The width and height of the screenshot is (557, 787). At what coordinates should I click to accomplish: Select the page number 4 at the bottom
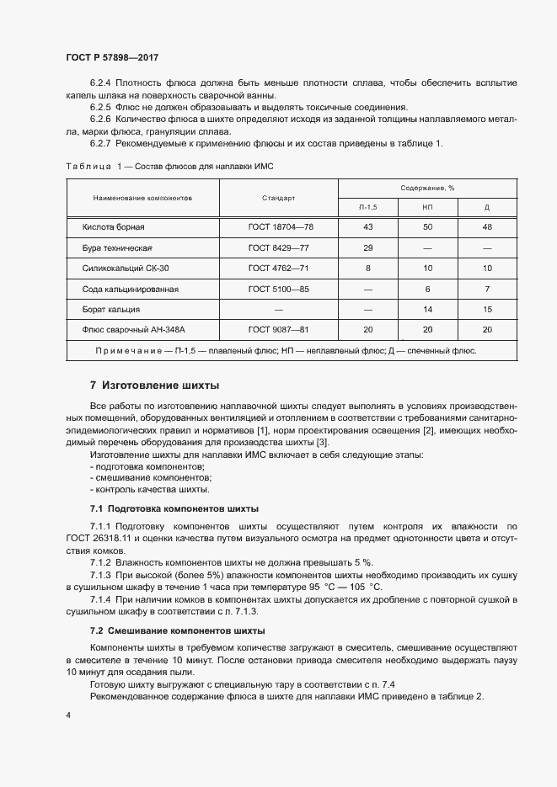coord(67,715)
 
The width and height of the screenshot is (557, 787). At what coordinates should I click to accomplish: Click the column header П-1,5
coord(367,206)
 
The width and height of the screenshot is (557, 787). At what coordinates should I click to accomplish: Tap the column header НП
coord(427,206)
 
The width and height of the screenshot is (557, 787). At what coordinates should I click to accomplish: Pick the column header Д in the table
coord(486,206)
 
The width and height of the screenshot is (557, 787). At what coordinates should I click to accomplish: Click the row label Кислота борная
coord(114,228)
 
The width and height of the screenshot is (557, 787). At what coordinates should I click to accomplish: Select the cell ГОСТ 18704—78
coord(281,228)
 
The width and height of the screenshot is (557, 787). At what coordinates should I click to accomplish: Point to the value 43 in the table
coord(367,228)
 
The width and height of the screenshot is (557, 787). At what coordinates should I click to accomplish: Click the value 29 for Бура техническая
coord(367,248)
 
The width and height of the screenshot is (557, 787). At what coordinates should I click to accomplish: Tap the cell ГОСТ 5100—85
coord(281,289)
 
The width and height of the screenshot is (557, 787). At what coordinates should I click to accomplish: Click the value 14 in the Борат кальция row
coord(427,309)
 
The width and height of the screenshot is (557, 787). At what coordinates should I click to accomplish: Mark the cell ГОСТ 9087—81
coord(281,329)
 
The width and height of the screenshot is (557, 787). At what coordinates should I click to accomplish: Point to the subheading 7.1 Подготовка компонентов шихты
coord(174,509)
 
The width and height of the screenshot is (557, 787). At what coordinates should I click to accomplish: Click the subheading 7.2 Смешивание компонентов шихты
coord(177,630)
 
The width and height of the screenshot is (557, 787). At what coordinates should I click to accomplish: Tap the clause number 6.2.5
coord(100,108)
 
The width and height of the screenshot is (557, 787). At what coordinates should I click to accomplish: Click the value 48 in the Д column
coord(486,228)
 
